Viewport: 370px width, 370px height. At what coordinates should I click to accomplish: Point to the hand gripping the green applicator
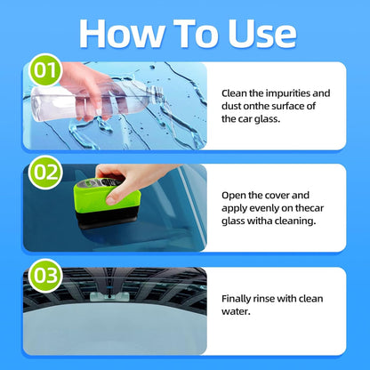pyautogui.click(x=133, y=174)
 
